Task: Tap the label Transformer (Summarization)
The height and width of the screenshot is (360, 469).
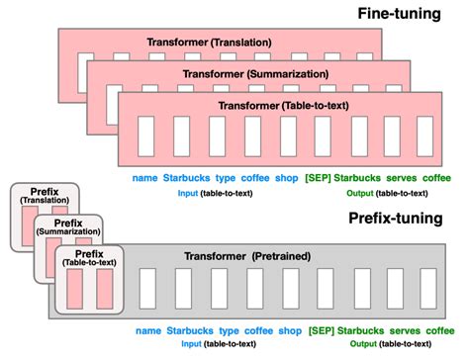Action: [x=236, y=71]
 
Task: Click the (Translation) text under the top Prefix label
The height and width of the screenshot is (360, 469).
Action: [x=42, y=202]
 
